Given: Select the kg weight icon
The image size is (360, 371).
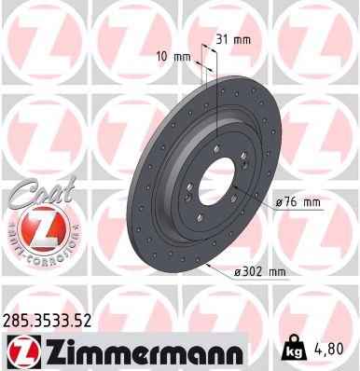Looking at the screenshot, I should point(291,351).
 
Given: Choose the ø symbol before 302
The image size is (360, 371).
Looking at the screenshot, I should point(240,271).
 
